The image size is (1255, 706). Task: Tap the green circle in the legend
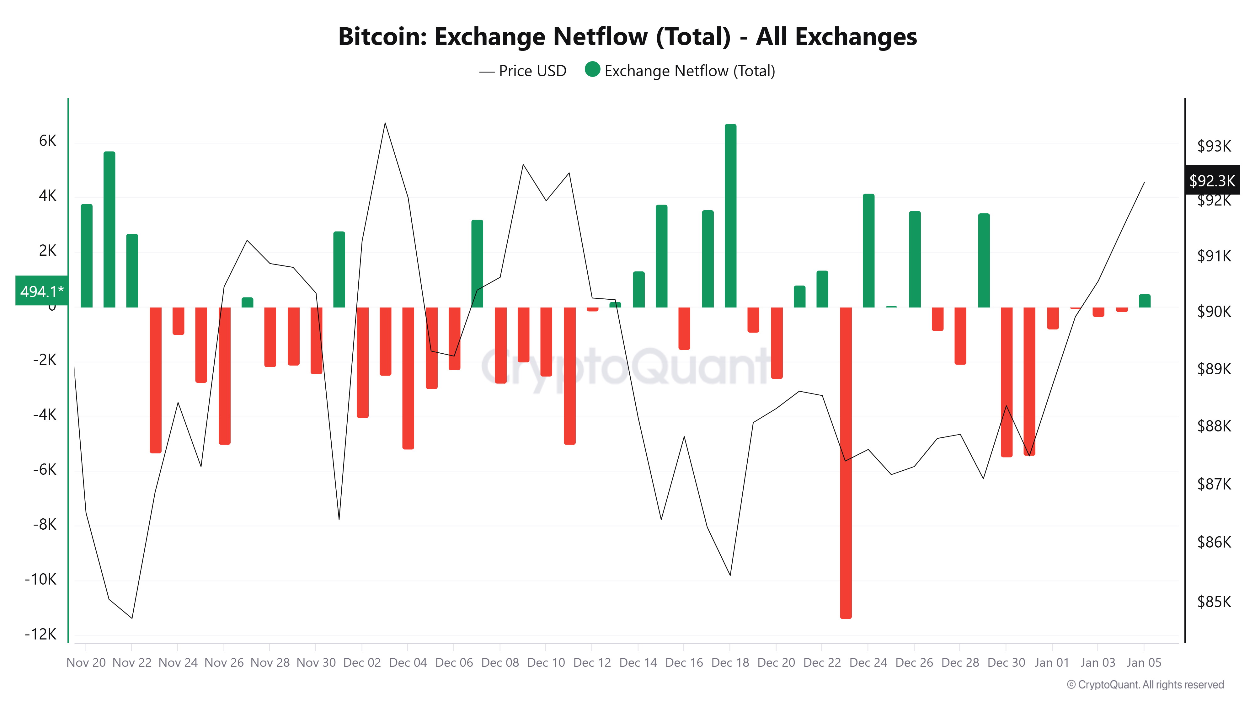pos(592,70)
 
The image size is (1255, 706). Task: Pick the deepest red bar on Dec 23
pos(846,463)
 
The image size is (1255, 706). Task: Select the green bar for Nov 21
pos(109,229)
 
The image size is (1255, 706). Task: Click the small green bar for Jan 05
pos(1145,301)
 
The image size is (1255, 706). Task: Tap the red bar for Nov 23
pos(155,380)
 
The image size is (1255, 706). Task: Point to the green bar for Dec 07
pos(477,263)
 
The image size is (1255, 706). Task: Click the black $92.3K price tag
pos(1212,180)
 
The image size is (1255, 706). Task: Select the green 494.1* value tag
pos(41,291)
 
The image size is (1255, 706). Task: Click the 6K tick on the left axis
pos(47,141)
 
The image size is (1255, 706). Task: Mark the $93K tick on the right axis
pos(1214,146)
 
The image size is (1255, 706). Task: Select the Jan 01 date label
pos(1051,663)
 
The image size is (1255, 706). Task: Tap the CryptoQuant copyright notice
pos(1145,685)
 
